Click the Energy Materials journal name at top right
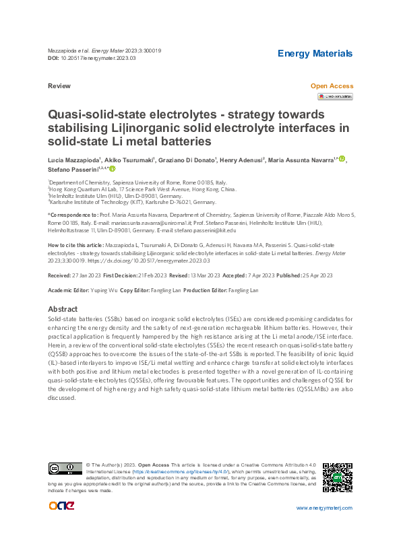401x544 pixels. click(x=315, y=54)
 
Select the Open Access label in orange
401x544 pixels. click(x=331, y=86)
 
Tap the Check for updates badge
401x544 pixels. click(x=335, y=96)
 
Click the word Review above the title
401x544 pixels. click(x=59, y=87)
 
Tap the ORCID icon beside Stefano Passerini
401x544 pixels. click(x=113, y=170)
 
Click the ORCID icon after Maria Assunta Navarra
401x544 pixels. click(x=342, y=160)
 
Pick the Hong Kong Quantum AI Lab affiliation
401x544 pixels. click(x=142, y=190)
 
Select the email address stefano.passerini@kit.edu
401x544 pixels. click(x=241, y=230)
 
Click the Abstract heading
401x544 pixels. click(x=63, y=308)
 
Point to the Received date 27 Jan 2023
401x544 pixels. click(x=72, y=275)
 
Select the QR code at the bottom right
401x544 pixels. click(x=337, y=477)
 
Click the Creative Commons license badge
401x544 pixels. click(x=65, y=469)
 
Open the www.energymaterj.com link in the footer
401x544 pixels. click(x=324, y=507)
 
